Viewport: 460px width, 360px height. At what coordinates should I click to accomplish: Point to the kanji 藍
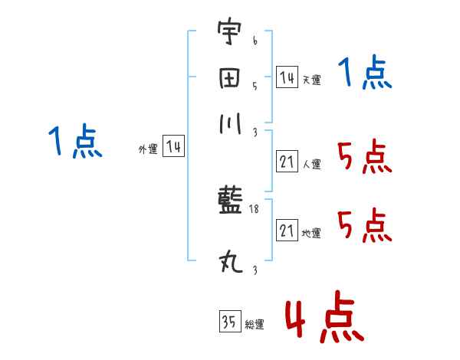point(229,202)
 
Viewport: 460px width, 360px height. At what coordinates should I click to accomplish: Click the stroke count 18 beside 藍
point(255,209)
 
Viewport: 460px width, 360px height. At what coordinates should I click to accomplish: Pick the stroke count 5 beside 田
point(255,86)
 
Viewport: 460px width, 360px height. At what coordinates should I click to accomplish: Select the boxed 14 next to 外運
point(174,147)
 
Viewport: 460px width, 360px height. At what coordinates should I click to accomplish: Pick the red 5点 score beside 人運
point(364,159)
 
